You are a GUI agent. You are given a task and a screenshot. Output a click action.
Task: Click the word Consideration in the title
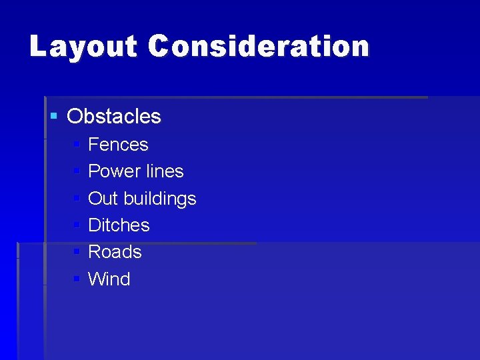(259, 47)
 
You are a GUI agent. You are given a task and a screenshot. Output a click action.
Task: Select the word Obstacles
(114, 117)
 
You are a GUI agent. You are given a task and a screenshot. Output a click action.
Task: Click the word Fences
(118, 145)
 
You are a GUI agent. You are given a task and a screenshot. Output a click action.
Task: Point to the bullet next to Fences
(77, 145)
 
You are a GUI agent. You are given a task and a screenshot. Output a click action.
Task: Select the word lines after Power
(164, 171)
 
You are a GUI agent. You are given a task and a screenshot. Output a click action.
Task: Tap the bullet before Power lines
(77, 171)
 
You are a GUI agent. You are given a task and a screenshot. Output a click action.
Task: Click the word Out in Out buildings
(103, 199)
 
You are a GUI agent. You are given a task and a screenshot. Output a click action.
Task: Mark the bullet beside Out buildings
(77, 199)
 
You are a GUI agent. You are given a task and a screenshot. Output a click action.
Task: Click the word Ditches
(119, 225)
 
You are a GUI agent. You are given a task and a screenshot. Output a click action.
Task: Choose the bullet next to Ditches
(77, 225)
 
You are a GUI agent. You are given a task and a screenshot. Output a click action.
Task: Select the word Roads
(115, 252)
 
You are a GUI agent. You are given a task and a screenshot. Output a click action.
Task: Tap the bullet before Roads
(77, 252)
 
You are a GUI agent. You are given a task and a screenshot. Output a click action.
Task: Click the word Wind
(109, 279)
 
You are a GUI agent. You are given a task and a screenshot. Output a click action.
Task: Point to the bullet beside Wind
(77, 279)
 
